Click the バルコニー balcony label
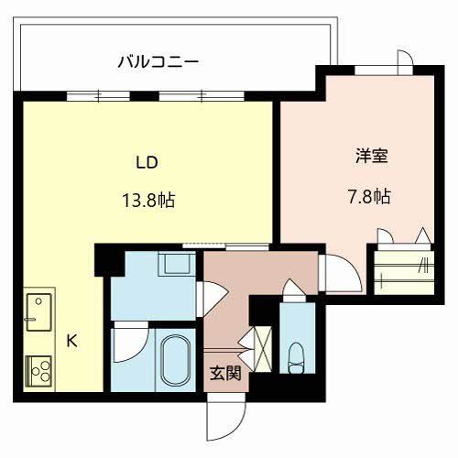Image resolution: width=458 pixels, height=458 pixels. pyautogui.click(x=158, y=62)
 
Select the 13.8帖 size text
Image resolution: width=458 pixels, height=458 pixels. pyautogui.click(x=147, y=199)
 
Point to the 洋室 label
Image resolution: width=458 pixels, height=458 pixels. pyautogui.click(x=372, y=156)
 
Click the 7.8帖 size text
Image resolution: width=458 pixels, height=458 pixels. pyautogui.click(x=372, y=196)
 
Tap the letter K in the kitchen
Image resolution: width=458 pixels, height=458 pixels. pyautogui.click(x=71, y=341)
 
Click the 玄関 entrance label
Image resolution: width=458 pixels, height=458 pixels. pyautogui.click(x=224, y=374)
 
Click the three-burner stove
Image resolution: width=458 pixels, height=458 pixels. pyautogui.click(x=38, y=371)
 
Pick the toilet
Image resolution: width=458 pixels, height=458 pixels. pyautogui.click(x=296, y=354)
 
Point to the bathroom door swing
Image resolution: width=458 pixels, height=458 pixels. pyautogui.click(x=128, y=344)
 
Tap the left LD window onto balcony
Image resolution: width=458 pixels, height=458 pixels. pyautogui.click(x=96, y=94)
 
